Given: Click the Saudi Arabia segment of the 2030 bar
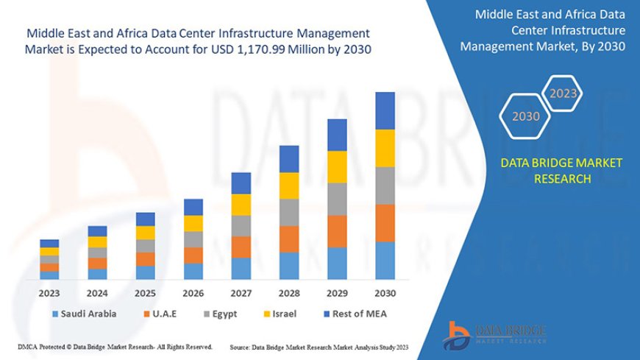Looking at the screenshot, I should click(385, 261).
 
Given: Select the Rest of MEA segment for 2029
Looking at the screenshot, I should click(337, 135).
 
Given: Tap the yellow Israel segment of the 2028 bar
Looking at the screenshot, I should click(289, 186).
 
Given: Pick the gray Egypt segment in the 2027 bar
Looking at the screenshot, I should click(241, 225).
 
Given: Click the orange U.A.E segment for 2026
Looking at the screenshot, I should click(193, 255).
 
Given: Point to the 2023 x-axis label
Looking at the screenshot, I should click(49, 292).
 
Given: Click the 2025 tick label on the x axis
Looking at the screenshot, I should click(145, 292).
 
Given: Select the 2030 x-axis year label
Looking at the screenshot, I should click(385, 292).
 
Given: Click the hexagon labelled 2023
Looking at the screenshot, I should click(563, 93).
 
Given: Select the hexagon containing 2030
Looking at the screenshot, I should click(526, 116).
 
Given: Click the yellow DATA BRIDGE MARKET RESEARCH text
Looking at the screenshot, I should click(561, 170).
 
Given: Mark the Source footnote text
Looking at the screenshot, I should click(319, 347).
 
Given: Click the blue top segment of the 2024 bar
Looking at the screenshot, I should click(97, 231).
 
